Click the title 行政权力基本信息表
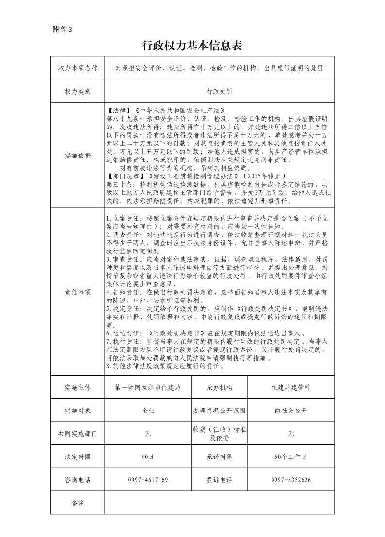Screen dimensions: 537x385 pyautogui.click(x=192, y=47)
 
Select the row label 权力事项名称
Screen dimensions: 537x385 pyautogui.click(x=78, y=68)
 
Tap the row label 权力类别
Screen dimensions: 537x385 pyautogui.click(x=78, y=91)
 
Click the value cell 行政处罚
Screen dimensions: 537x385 pyautogui.click(x=219, y=91)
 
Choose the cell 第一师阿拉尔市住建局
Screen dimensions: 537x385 pyautogui.click(x=148, y=388)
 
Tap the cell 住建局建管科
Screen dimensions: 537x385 pyautogui.click(x=290, y=388)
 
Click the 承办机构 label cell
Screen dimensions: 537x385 pyautogui.click(x=219, y=388)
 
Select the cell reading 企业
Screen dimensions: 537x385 pyautogui.click(x=148, y=411)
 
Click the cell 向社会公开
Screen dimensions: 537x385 pyautogui.click(x=290, y=411)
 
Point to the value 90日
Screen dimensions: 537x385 pyautogui.click(x=148, y=457)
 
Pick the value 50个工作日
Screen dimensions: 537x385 pyautogui.click(x=290, y=457)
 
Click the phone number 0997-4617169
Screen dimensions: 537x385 pyautogui.click(x=148, y=480)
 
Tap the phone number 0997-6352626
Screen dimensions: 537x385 pyautogui.click(x=290, y=480)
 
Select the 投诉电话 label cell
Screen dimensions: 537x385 pyautogui.click(x=219, y=480)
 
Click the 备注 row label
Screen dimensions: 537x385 pyautogui.click(x=78, y=503)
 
